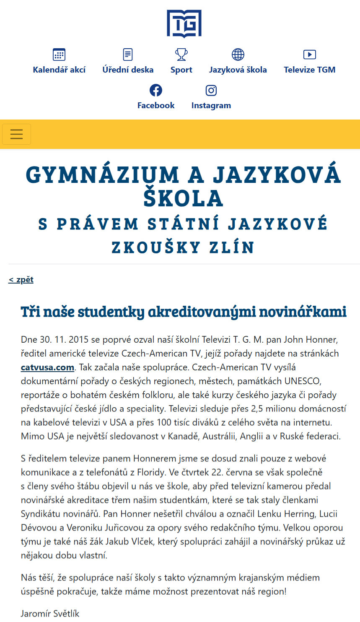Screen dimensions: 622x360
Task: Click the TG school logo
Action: tap(184, 23)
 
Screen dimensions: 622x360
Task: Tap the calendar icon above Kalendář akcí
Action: tap(59, 55)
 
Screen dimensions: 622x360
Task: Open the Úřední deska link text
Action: tap(128, 70)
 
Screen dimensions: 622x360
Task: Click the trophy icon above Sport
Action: tap(181, 55)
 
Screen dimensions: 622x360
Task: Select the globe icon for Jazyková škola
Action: tap(238, 55)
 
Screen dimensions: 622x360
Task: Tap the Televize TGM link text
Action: tap(309, 70)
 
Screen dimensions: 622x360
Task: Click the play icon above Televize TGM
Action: tap(309, 55)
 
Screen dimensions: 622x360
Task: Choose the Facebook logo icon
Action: tap(156, 90)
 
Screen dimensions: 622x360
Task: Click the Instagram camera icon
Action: tap(211, 90)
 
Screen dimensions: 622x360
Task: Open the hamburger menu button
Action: tap(17, 134)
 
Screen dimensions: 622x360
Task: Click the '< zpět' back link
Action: tap(21, 280)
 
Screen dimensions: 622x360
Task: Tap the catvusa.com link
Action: tap(47, 367)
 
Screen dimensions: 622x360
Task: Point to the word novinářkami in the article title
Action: tap(303, 312)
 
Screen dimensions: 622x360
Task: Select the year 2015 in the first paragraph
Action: tap(78, 340)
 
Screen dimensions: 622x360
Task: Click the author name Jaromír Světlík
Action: tap(50, 613)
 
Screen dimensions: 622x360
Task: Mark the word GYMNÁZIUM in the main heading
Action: tap(103, 175)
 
